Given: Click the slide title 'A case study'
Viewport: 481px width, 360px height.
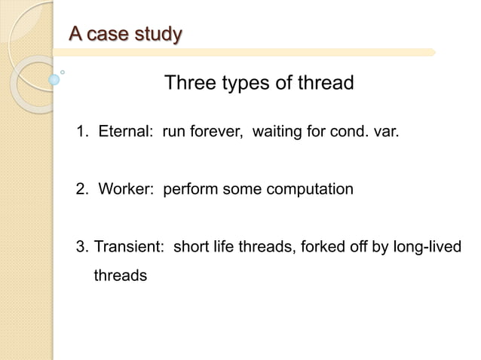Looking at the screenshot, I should tap(125, 34).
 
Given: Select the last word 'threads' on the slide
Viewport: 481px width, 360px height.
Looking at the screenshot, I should tap(120, 276).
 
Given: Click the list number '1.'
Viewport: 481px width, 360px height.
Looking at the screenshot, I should tap(82, 133).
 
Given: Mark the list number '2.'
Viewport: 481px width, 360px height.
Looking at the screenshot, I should tap(82, 189).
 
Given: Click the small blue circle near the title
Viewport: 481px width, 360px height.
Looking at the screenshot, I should tap(54, 79).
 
